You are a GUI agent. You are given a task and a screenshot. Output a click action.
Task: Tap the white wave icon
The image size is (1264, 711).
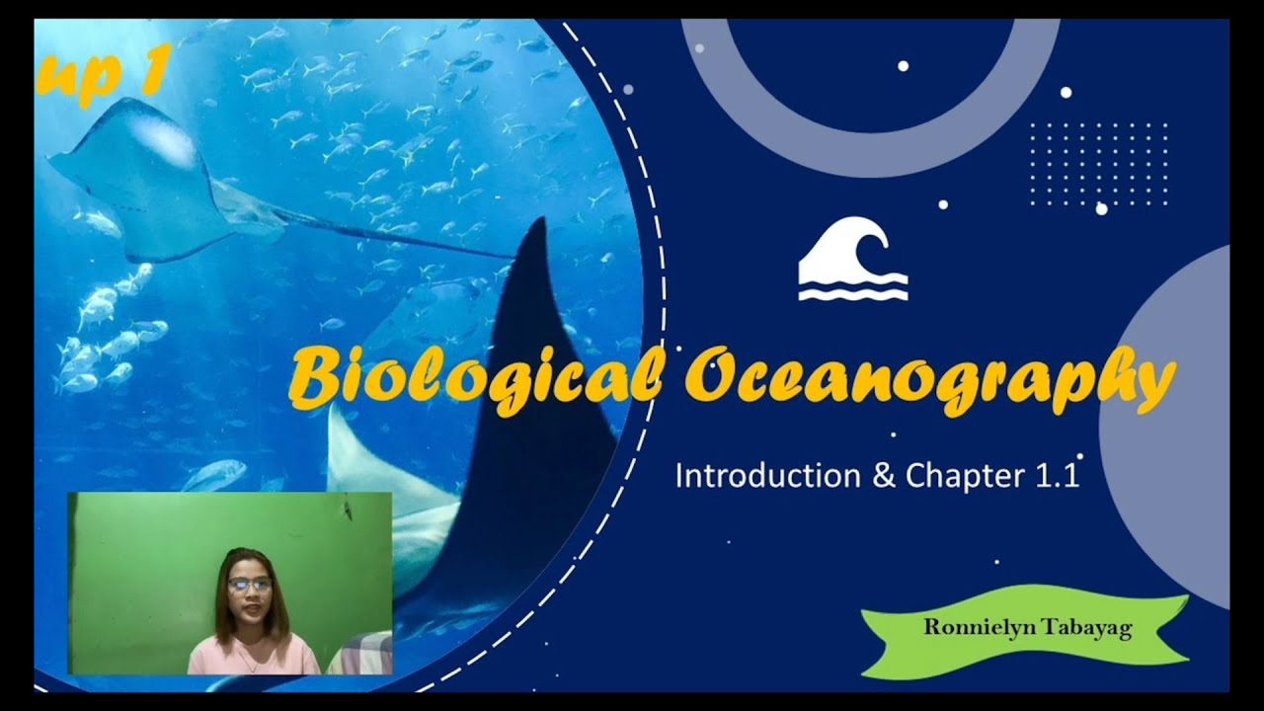tap(852, 266)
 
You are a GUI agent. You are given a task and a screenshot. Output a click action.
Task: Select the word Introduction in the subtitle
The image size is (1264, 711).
tap(767, 476)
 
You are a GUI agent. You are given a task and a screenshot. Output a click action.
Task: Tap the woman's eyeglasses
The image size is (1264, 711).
tap(249, 585)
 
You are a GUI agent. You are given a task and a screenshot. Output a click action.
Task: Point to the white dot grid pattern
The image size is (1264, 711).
tap(1098, 164)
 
